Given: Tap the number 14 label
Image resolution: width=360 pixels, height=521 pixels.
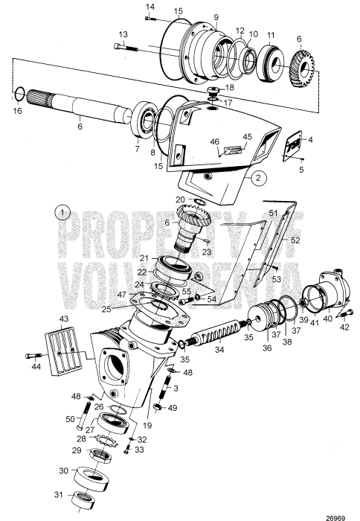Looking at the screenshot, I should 150,7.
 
